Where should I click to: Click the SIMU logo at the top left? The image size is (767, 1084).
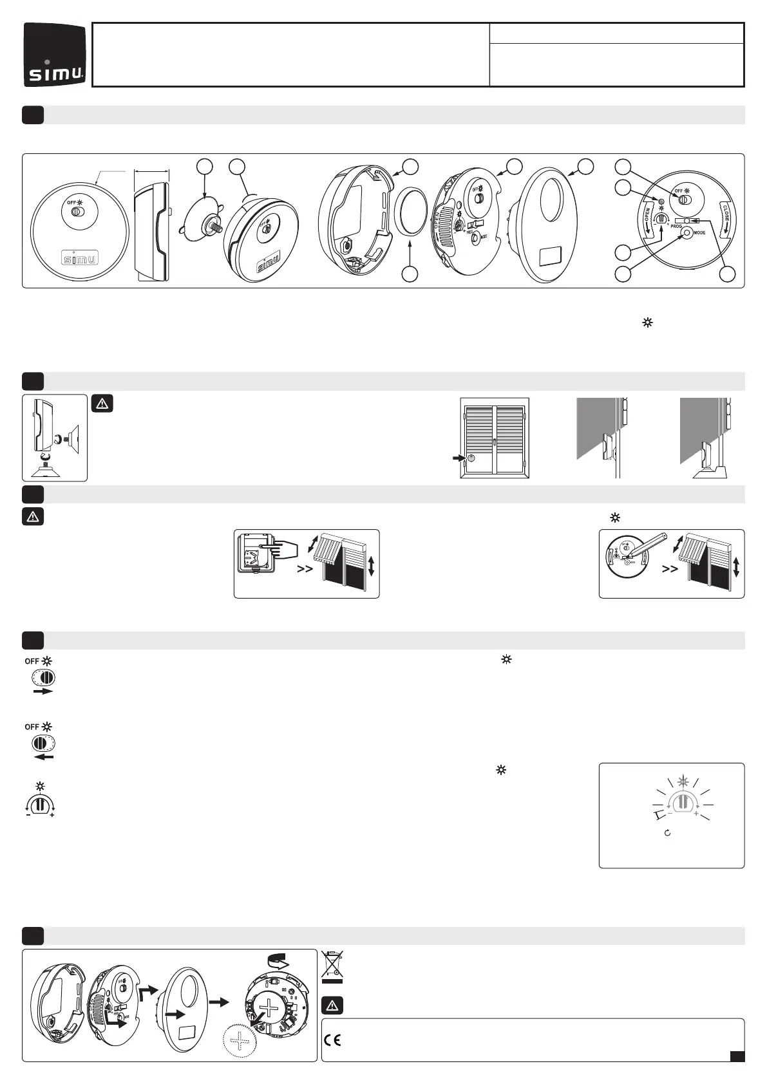point(55,55)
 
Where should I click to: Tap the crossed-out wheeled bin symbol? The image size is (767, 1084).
point(332,966)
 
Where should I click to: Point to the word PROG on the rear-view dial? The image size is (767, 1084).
point(676,227)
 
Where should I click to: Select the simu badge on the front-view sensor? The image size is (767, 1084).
point(75,258)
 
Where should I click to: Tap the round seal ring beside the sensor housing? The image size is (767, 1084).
point(410,210)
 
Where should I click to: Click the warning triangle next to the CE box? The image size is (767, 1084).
point(332,1005)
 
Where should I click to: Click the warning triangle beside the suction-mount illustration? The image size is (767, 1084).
point(103,404)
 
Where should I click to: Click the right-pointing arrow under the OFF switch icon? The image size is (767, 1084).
point(43,691)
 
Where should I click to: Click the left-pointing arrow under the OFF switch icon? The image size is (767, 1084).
point(43,757)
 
